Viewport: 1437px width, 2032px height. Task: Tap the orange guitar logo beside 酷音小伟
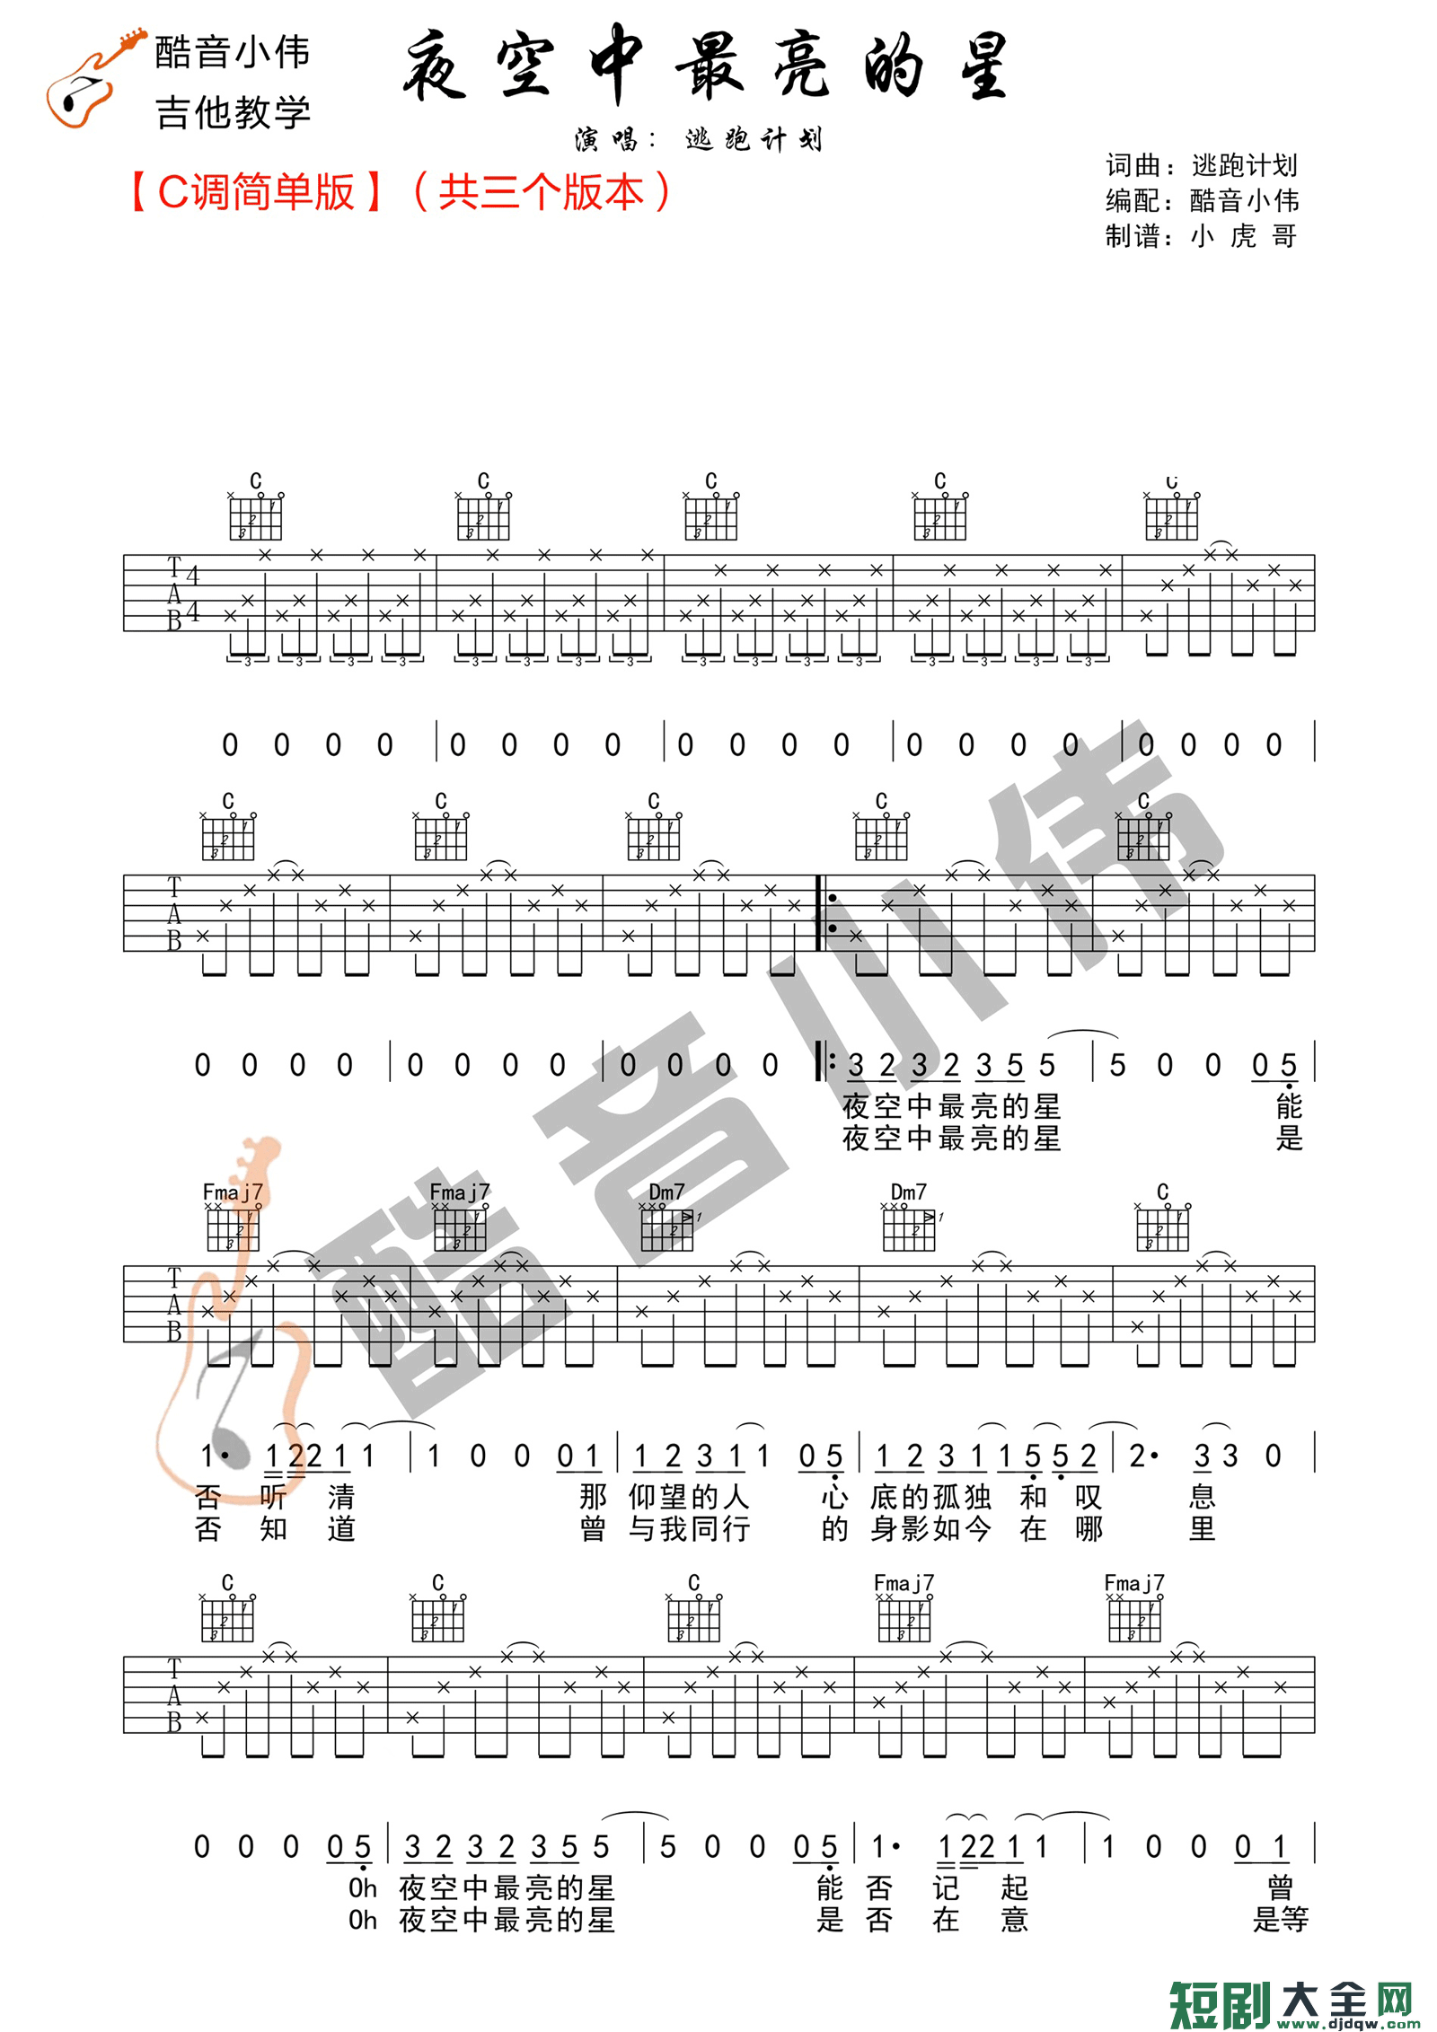[x=90, y=79]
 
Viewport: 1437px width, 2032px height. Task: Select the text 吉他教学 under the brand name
[x=233, y=113]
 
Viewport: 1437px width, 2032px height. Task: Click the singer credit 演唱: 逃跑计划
[x=698, y=140]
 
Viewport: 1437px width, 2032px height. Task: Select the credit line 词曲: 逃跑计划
[x=1201, y=165]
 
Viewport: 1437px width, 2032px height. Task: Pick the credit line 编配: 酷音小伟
[x=1201, y=200]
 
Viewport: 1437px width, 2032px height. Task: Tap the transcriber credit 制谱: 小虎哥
[x=1201, y=236]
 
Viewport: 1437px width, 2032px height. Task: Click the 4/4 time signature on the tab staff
[x=192, y=594]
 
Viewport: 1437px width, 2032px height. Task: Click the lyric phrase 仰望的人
[x=689, y=1497]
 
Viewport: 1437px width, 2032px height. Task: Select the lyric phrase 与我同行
[x=689, y=1528]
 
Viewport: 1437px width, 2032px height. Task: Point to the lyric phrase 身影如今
[x=930, y=1528]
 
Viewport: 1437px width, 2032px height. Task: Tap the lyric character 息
[x=1202, y=1497]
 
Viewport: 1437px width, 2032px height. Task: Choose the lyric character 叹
[x=1089, y=1497]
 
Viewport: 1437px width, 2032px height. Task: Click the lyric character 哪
[x=1089, y=1528]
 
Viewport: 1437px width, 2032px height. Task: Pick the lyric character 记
[x=946, y=1888]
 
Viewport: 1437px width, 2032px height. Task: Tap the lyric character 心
[x=834, y=1497]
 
